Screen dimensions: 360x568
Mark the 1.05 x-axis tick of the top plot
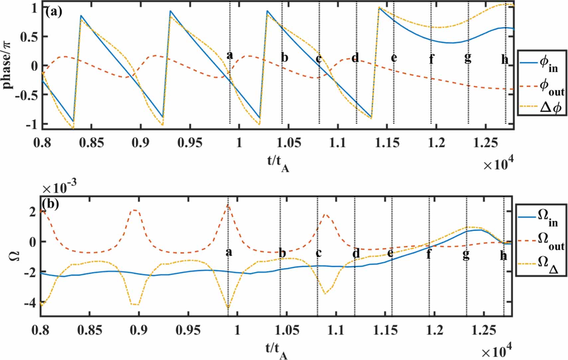point(289,143)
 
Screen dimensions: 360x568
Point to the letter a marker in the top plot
point(229,56)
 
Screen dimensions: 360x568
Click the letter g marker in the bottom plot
point(466,254)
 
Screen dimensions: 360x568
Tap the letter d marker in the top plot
point(355,58)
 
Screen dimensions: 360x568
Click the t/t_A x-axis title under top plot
point(278,163)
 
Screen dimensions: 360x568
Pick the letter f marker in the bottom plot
point(429,254)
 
